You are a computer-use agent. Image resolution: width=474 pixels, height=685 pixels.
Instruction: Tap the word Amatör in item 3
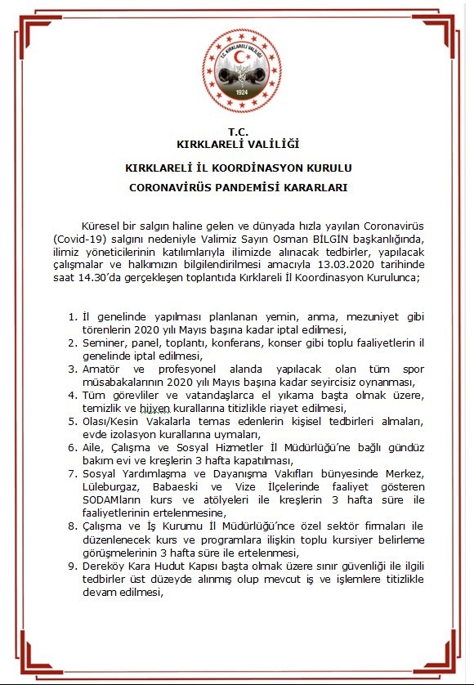(x=102, y=369)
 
